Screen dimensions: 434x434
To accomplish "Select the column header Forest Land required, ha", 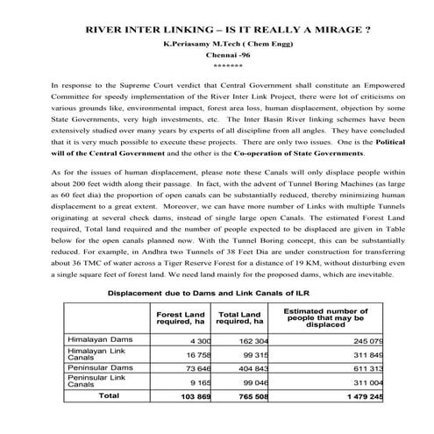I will click(181, 317).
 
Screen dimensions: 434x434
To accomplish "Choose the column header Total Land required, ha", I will click(240, 317).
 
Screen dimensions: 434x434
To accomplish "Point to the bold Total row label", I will click(109, 396).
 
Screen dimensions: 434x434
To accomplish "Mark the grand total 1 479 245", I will click(361, 397).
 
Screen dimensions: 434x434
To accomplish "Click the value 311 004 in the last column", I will click(366, 383).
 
